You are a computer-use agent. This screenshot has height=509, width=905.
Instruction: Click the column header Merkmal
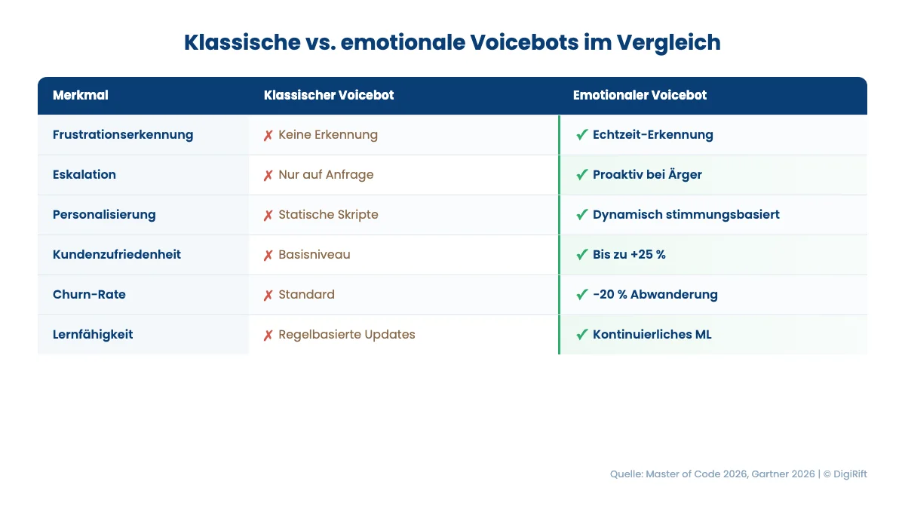coord(80,96)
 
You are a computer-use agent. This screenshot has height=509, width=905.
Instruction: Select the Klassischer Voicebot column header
coord(328,96)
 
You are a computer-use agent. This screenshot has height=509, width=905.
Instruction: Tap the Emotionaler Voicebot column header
coord(640,96)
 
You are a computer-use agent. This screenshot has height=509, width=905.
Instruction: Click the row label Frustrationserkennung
coord(123,135)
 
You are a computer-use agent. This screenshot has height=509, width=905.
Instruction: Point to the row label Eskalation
coord(84,175)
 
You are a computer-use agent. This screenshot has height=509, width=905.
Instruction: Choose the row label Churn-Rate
coord(89,295)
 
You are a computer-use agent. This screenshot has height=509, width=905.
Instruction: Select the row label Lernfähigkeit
coord(93,335)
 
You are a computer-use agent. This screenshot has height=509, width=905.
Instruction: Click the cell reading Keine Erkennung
coord(327,135)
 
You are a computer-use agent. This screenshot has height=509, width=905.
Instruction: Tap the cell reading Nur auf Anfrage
coord(326,175)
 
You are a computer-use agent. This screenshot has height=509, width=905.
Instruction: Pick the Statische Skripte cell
coord(328,215)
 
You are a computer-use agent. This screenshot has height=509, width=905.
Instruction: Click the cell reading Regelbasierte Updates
coord(346,335)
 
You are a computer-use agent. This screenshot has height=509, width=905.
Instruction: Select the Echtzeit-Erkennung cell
coord(652,135)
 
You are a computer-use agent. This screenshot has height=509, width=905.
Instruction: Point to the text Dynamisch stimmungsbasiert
coord(686,215)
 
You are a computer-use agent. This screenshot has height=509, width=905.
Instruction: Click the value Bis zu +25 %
coord(629,255)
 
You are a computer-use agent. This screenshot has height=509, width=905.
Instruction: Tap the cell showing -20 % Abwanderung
coord(655,295)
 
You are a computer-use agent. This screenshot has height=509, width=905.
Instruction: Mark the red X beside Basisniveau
coord(268,256)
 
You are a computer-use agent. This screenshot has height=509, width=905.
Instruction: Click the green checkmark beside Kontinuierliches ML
coord(581,335)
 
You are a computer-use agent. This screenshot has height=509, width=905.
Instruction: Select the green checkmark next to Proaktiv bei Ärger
coord(581,175)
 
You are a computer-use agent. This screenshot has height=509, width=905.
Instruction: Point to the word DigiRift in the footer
coord(850,474)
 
